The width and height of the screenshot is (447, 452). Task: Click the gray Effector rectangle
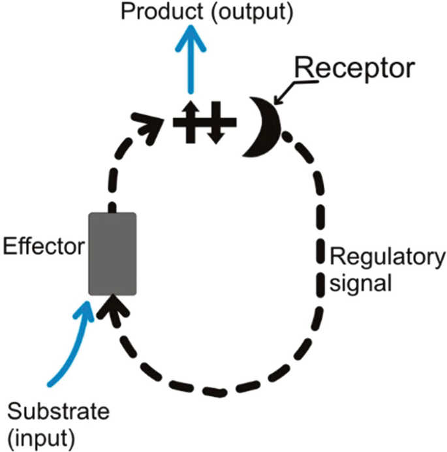[112, 253]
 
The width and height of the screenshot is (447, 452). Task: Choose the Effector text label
[44, 247]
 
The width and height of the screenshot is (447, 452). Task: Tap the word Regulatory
[386, 256]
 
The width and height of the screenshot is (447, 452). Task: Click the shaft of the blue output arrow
[193, 65]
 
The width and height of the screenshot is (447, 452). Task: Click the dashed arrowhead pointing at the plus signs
[154, 121]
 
